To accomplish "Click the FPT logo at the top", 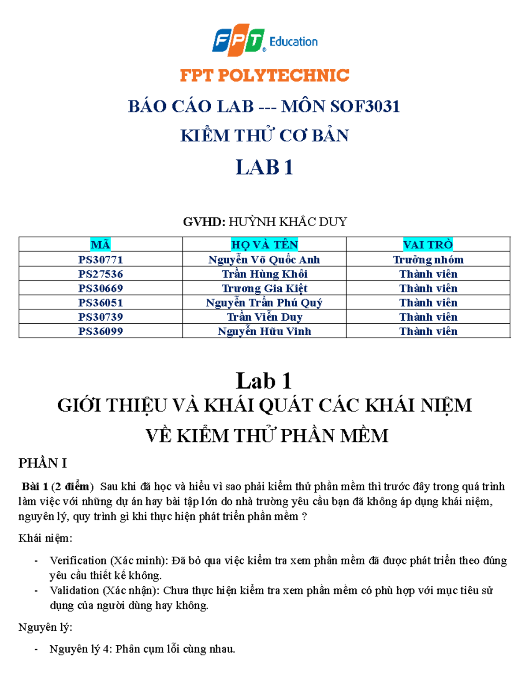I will [x=238, y=41].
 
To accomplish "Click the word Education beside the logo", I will [x=293, y=42].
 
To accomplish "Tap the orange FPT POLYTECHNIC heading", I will [x=264, y=75].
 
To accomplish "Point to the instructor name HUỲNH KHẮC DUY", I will [x=287, y=221].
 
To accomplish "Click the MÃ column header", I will [x=101, y=244].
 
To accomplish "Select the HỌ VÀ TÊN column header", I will [x=264, y=244].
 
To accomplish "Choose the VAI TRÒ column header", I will [x=428, y=244].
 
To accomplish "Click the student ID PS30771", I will [x=101, y=259].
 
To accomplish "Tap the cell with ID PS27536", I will [x=101, y=274].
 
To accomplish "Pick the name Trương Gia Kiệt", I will [x=264, y=288].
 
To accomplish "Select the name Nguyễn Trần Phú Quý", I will [x=264, y=303].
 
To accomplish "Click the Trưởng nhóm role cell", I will [x=428, y=259].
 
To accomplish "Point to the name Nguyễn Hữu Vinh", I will [x=264, y=331].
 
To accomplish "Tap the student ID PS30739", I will [x=101, y=317].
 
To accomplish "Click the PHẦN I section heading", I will [x=42, y=463].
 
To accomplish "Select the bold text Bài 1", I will [x=35, y=487].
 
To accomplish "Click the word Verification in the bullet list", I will [x=78, y=560].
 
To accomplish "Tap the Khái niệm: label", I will [x=45, y=538].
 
